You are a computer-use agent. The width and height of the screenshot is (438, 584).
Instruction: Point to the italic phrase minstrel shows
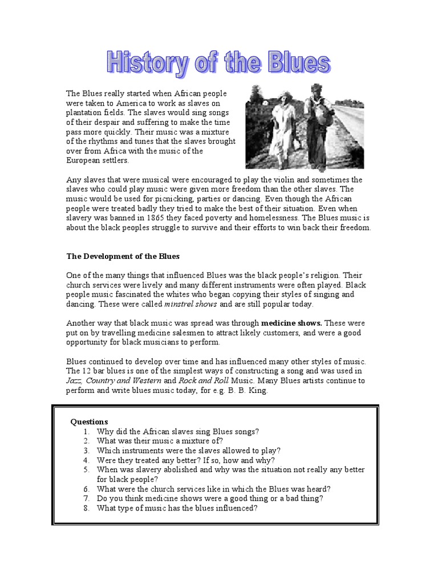click(x=178, y=304)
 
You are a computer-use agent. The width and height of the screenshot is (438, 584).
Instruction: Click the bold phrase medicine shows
click(x=292, y=323)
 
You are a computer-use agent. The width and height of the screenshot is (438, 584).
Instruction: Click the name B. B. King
click(x=247, y=390)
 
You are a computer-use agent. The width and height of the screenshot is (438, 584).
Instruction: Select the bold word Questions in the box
click(x=89, y=422)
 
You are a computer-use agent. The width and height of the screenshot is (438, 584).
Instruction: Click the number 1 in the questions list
click(x=86, y=432)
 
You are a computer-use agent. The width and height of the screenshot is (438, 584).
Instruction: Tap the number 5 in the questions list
click(x=86, y=470)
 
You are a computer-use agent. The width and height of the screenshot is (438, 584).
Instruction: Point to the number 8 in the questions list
click(x=86, y=508)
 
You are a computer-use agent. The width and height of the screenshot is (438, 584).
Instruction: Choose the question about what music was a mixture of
click(x=160, y=441)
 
